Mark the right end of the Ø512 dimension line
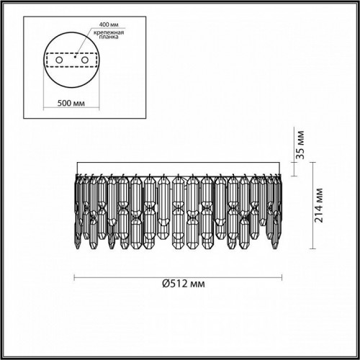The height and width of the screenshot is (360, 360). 282,277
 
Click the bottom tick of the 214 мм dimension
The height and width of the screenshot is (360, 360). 315,256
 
